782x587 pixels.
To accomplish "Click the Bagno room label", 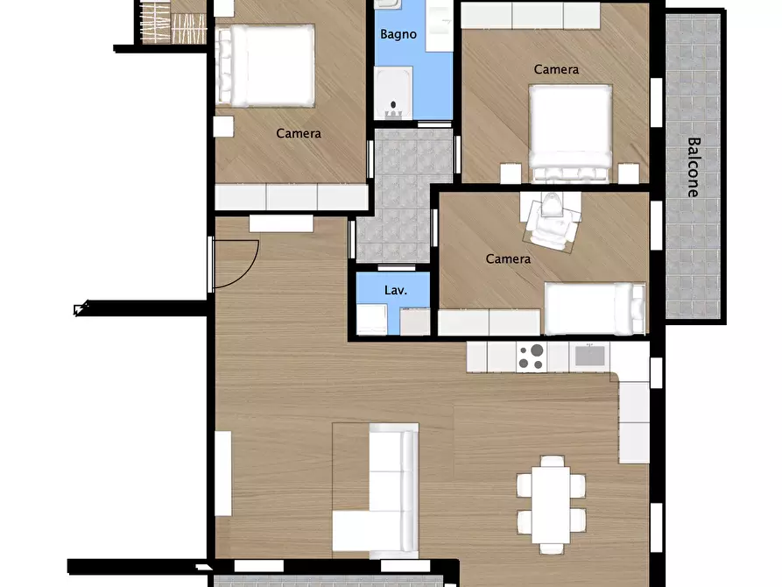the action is click(x=398, y=34).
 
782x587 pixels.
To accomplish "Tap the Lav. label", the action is click(x=396, y=290).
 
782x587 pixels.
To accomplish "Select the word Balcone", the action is click(x=694, y=167).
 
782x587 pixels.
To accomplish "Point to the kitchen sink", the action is click(x=589, y=356).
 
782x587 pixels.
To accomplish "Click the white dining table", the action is click(x=551, y=505).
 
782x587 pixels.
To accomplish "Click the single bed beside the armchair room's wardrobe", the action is click(x=595, y=308).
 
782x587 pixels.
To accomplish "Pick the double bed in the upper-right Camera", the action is click(x=570, y=133).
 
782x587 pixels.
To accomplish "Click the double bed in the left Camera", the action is click(x=266, y=66).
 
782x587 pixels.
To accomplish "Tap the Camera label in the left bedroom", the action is click(x=299, y=133).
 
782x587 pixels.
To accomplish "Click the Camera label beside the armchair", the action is click(x=508, y=258).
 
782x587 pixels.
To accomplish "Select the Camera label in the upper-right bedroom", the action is click(x=556, y=69).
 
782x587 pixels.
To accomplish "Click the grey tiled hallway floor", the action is click(x=400, y=195).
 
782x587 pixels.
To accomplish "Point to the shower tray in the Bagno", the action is click(x=393, y=93).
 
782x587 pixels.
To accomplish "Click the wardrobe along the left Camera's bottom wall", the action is click(x=292, y=197).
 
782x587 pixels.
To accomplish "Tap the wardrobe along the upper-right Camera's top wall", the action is click(x=530, y=16).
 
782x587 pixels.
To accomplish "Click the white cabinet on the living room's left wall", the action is click(x=223, y=473).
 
